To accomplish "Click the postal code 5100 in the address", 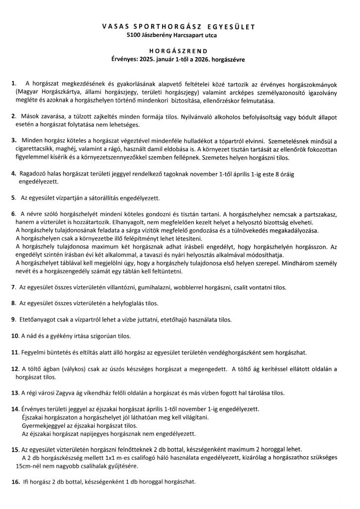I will click(135, 35).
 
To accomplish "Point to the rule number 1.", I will click(13, 83).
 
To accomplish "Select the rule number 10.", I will click(14, 337).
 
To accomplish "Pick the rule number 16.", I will click(14, 482).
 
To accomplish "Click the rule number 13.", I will click(14, 393).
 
